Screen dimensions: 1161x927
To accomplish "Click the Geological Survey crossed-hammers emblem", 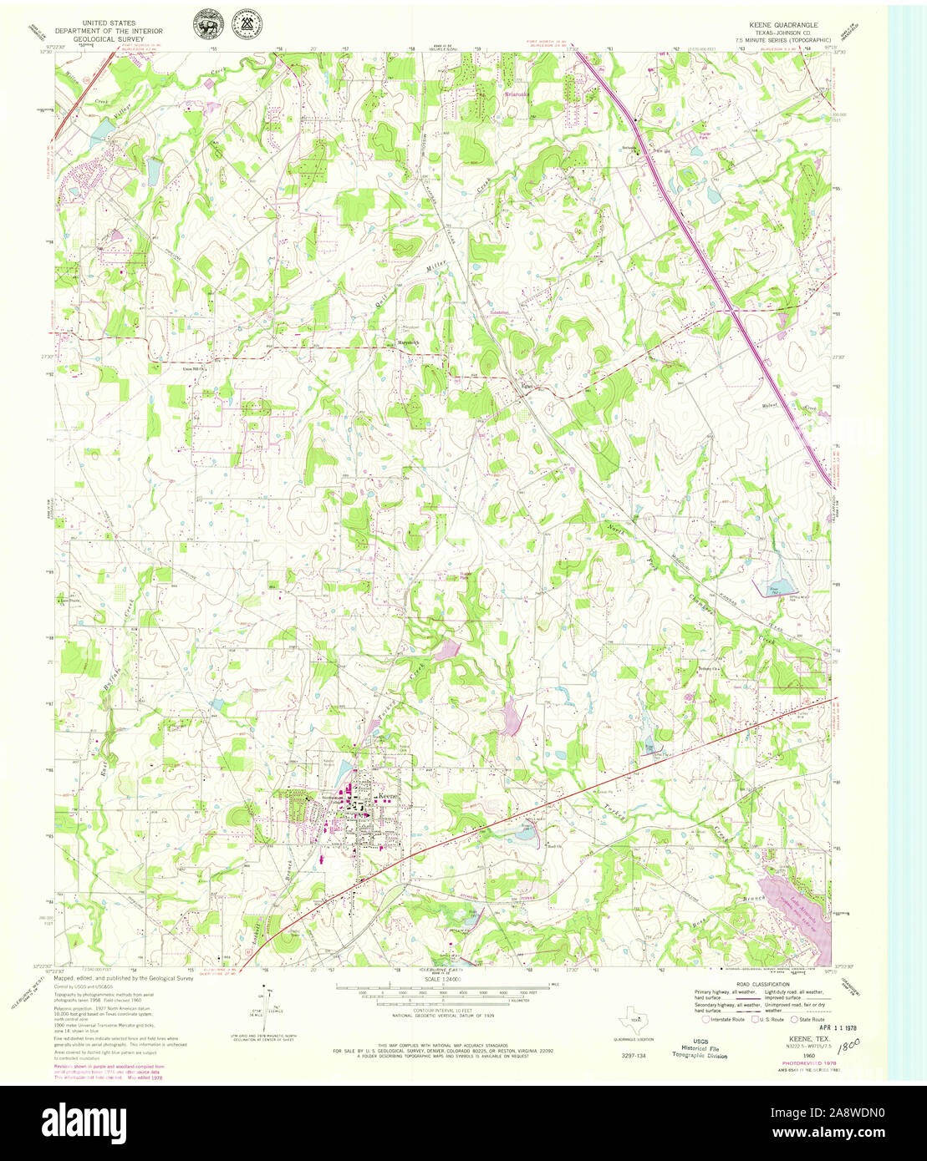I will point(247,23).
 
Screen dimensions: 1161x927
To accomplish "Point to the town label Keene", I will point(390,797).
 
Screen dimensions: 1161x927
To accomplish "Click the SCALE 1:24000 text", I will point(446,979).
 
